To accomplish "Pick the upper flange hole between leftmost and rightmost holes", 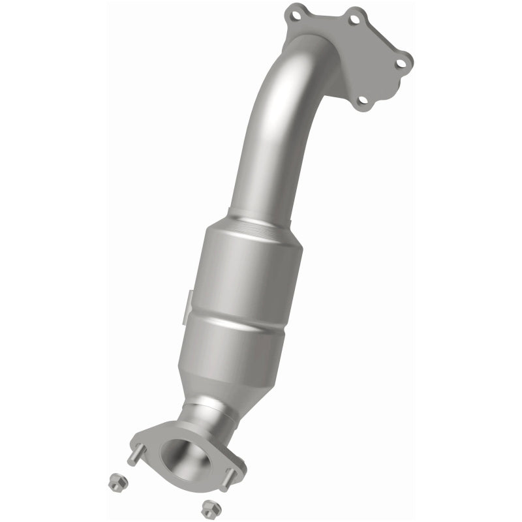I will pyautogui.click(x=355, y=20).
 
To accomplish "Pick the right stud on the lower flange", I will pyautogui.click(x=224, y=484).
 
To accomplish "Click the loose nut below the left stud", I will pyautogui.click(x=111, y=481).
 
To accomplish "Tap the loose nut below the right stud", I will pyautogui.click(x=208, y=505).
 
